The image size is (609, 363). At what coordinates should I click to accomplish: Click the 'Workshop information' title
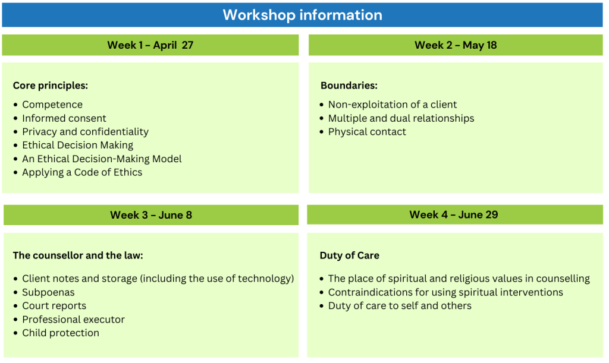[x=302, y=15]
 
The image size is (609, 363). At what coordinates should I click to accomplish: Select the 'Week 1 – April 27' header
[x=150, y=45]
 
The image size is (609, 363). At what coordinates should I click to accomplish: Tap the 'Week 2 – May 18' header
[x=456, y=45]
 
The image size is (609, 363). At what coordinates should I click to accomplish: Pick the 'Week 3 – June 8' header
[x=151, y=215]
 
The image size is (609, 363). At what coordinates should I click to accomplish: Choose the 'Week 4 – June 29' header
[x=454, y=214]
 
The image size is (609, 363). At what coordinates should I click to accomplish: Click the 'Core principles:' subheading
[x=51, y=86]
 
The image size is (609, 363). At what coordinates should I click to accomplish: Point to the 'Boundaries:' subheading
[x=349, y=86]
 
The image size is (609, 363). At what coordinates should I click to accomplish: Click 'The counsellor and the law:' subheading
[x=78, y=255]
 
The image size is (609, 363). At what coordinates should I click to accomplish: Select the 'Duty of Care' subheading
[x=350, y=255]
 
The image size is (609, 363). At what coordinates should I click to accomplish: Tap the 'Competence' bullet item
[x=52, y=105]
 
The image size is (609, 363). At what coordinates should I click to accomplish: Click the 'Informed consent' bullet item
[x=64, y=118]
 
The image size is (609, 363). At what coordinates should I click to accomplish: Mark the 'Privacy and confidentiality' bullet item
[x=86, y=132]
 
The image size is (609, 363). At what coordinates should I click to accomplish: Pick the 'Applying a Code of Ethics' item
[x=82, y=172]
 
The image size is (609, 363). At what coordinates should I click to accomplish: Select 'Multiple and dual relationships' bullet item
[x=401, y=118]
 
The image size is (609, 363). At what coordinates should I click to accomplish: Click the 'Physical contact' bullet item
[x=367, y=132]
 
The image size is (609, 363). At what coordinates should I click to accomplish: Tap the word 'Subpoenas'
[x=48, y=292]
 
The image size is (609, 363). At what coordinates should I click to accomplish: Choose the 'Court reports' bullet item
[x=54, y=305]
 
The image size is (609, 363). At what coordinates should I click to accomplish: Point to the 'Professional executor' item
[x=73, y=319]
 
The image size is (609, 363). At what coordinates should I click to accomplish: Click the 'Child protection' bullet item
[x=61, y=333]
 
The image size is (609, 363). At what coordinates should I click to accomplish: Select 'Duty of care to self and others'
[x=400, y=305]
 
